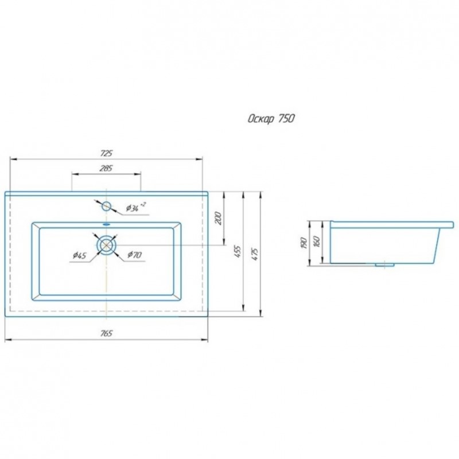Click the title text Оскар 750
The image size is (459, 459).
tap(271, 119)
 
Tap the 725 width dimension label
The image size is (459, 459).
tap(107, 153)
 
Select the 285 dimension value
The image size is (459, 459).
tap(106, 168)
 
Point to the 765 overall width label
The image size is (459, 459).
tap(106, 333)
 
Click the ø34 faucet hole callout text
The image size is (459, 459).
tap(136, 207)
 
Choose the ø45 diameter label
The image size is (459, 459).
tap(80, 255)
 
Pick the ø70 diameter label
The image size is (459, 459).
tap(135, 255)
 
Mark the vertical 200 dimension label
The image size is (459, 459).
tap(219, 218)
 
